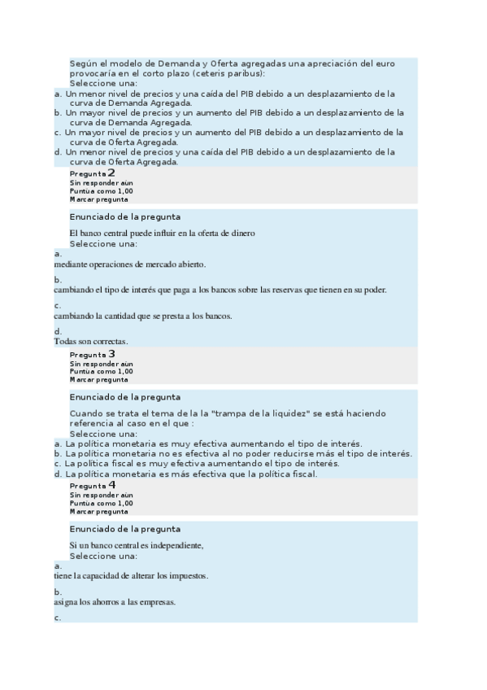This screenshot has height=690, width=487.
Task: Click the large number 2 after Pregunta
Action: [x=111, y=172]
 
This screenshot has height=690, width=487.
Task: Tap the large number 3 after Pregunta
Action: [x=111, y=354]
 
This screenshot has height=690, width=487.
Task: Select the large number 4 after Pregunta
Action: [x=111, y=484]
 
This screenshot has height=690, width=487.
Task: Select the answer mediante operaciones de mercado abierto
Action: [x=130, y=264]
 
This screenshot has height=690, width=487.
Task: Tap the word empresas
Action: [x=156, y=602]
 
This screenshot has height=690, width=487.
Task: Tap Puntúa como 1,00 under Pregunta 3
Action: [x=101, y=372]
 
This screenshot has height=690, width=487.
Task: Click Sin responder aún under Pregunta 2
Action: [x=101, y=183]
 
